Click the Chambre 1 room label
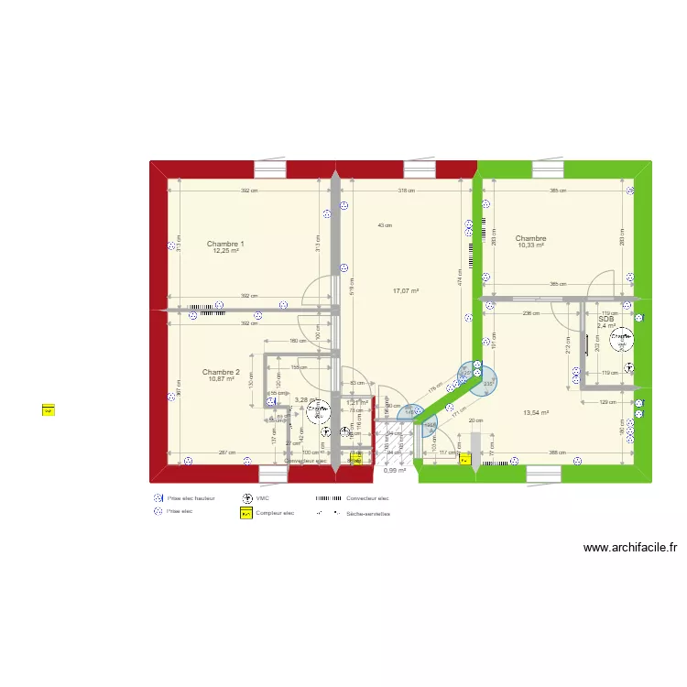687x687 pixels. click(x=224, y=244)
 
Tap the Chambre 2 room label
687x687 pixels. click(x=221, y=372)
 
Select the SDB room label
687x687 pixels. click(x=606, y=319)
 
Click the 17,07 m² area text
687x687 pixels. click(x=405, y=291)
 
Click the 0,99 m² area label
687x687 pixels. click(x=395, y=471)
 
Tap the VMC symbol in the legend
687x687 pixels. click(x=246, y=499)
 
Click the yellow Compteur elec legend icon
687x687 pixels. click(x=246, y=514)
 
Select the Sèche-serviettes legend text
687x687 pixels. click(x=368, y=514)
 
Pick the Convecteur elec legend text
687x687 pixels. click(x=367, y=499)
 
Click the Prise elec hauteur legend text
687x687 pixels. click(x=191, y=499)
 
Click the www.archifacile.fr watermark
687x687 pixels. click(x=630, y=548)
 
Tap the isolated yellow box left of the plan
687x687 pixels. click(x=49, y=410)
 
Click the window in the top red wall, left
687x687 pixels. click(x=270, y=169)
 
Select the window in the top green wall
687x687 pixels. click(x=548, y=169)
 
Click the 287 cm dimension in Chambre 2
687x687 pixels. click(x=227, y=453)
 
